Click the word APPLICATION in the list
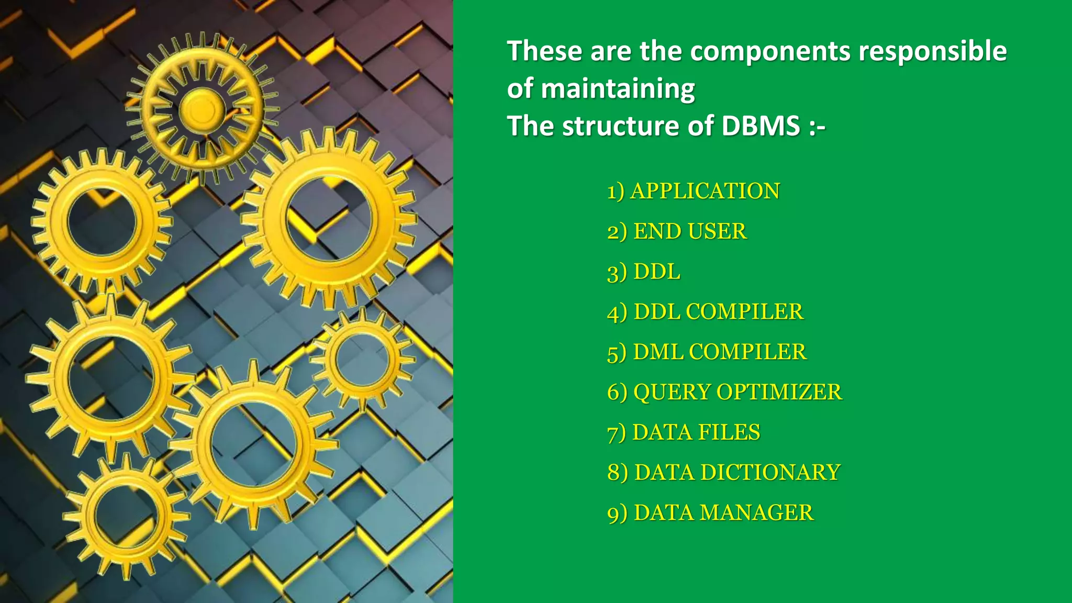[x=705, y=191]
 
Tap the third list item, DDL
[x=656, y=272]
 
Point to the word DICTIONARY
[x=770, y=472]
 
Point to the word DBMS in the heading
[x=761, y=126]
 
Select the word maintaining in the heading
[x=618, y=89]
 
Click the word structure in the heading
[x=621, y=126]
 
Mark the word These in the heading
[x=544, y=51]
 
